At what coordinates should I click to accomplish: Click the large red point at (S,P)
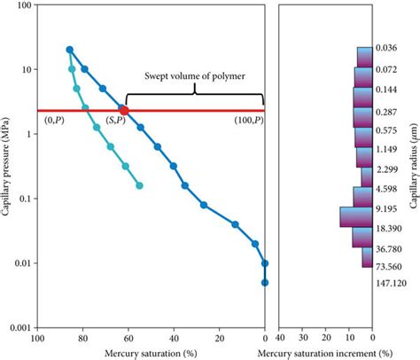click(124, 111)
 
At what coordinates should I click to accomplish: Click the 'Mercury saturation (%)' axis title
click(151, 353)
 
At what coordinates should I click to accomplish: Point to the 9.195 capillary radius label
click(385, 209)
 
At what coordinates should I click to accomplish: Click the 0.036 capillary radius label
click(385, 48)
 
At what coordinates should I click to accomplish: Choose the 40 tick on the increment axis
click(281, 338)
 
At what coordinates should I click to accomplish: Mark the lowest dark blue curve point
click(265, 283)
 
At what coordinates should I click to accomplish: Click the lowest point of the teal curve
click(140, 185)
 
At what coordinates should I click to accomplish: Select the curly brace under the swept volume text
click(195, 96)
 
